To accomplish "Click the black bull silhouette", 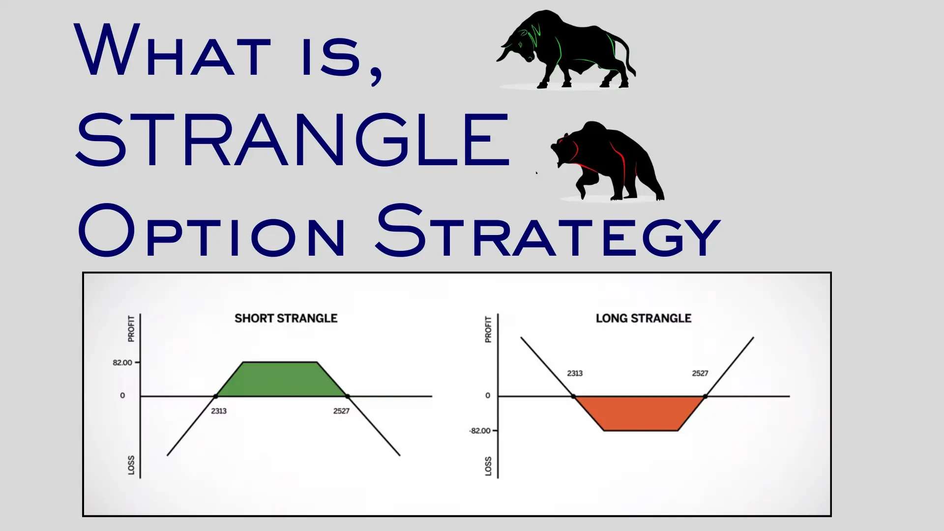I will tap(570, 49).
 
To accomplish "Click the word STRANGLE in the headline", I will tap(293, 140).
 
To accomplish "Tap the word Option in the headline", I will tap(211, 231).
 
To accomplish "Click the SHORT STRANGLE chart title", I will tap(286, 319).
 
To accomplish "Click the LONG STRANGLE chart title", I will tap(643, 319).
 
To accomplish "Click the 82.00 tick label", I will tap(122, 363).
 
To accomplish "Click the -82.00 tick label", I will tap(480, 431).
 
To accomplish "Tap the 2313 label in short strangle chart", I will tap(219, 411).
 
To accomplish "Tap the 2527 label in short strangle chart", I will tap(341, 411).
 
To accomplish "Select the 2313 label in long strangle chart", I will tap(575, 373).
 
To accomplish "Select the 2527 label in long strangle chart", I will tap(700, 373).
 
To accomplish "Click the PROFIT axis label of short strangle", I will tap(131, 328).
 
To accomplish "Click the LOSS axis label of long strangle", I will tap(488, 466).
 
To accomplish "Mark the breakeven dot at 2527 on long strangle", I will tap(705, 396).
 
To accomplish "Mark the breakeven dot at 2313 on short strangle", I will tap(216, 396).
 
